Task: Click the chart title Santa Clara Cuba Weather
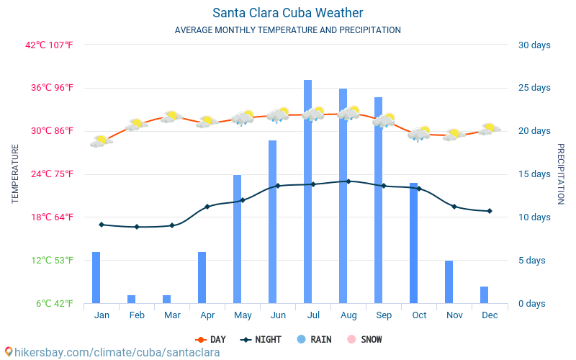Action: pyautogui.click(x=287, y=13)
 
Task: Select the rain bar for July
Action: pyautogui.click(x=307, y=192)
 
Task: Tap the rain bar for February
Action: pyautogui.click(x=131, y=299)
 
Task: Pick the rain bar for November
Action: pyautogui.click(x=449, y=282)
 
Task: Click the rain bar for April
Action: pyautogui.click(x=202, y=277)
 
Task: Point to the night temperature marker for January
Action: pyautogui.click(x=102, y=225)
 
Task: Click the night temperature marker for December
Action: pyautogui.click(x=490, y=211)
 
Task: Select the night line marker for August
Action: pyautogui.click(x=348, y=181)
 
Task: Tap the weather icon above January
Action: pyautogui.click(x=101, y=141)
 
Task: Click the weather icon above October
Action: pyautogui.click(x=419, y=134)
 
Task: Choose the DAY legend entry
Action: pyautogui.click(x=210, y=339)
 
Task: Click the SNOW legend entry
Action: pyautogui.click(x=364, y=339)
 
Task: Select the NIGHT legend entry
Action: pyautogui.click(x=261, y=339)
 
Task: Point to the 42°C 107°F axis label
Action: pyautogui.click(x=50, y=45)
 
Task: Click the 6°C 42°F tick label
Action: pyautogui.click(x=55, y=303)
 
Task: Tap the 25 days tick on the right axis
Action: pyautogui.click(x=534, y=88)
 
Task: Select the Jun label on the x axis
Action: pyautogui.click(x=278, y=315)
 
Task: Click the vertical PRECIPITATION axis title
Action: pyautogui.click(x=561, y=174)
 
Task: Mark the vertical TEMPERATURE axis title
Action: pyautogui.click(x=15, y=174)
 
